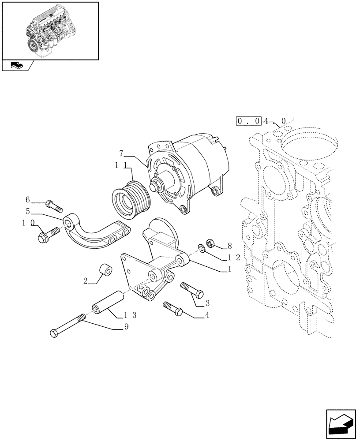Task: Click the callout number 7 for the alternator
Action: tap(121, 154)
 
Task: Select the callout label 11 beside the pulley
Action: tap(121, 165)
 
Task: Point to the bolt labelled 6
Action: tap(54, 205)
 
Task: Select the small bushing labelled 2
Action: tap(106, 269)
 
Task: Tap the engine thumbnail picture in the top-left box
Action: tap(50, 30)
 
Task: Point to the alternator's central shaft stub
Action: tap(157, 186)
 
